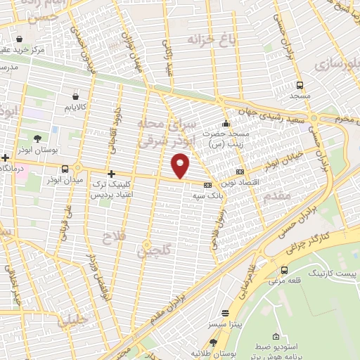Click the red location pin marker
(181, 166)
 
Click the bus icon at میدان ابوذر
(65, 169)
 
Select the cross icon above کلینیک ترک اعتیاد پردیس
(110, 173)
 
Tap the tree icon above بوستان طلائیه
(213, 342)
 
